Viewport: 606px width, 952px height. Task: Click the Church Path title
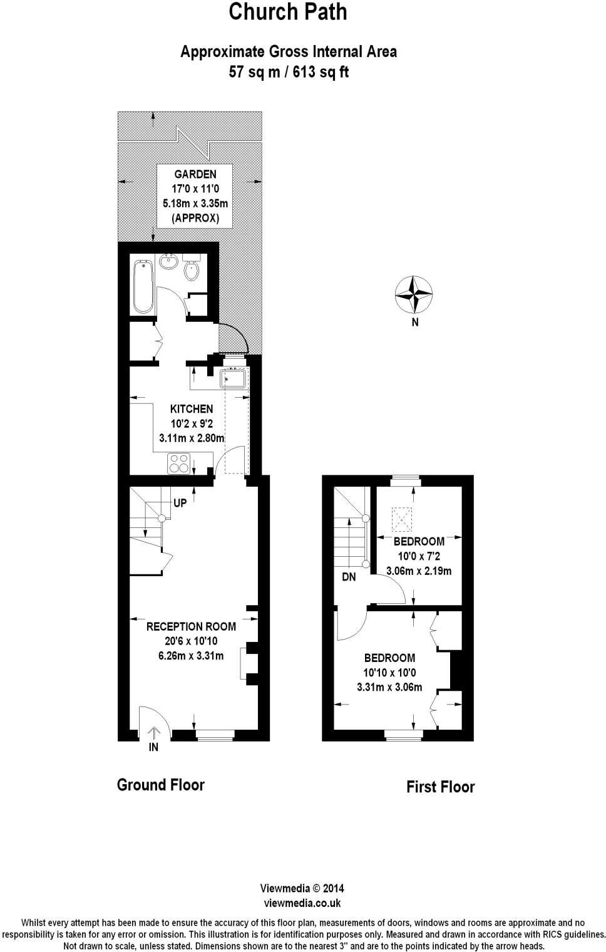pos(288,13)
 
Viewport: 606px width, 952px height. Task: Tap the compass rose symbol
pos(414,294)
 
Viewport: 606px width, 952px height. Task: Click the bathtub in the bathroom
pos(143,287)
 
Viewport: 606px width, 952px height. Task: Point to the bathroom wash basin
pos(168,262)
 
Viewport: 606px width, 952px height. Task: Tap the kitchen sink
pos(233,380)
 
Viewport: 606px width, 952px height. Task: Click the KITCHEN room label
pos(192,409)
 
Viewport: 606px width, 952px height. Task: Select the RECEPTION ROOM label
pos(191,626)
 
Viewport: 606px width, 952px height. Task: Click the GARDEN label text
pos(195,174)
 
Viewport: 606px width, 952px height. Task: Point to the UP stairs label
pos(180,503)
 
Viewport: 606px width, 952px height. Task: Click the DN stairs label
pos(349,577)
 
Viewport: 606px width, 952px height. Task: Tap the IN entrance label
pos(153,747)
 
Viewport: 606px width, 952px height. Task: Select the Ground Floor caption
pos(161,785)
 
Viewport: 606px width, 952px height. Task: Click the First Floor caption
pos(441,787)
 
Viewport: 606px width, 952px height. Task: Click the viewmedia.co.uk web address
pos(302,903)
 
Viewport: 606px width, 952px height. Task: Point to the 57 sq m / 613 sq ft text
pos(289,72)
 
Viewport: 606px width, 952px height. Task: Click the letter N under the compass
pos(414,323)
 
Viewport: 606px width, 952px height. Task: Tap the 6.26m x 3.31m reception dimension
pos(191,656)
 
